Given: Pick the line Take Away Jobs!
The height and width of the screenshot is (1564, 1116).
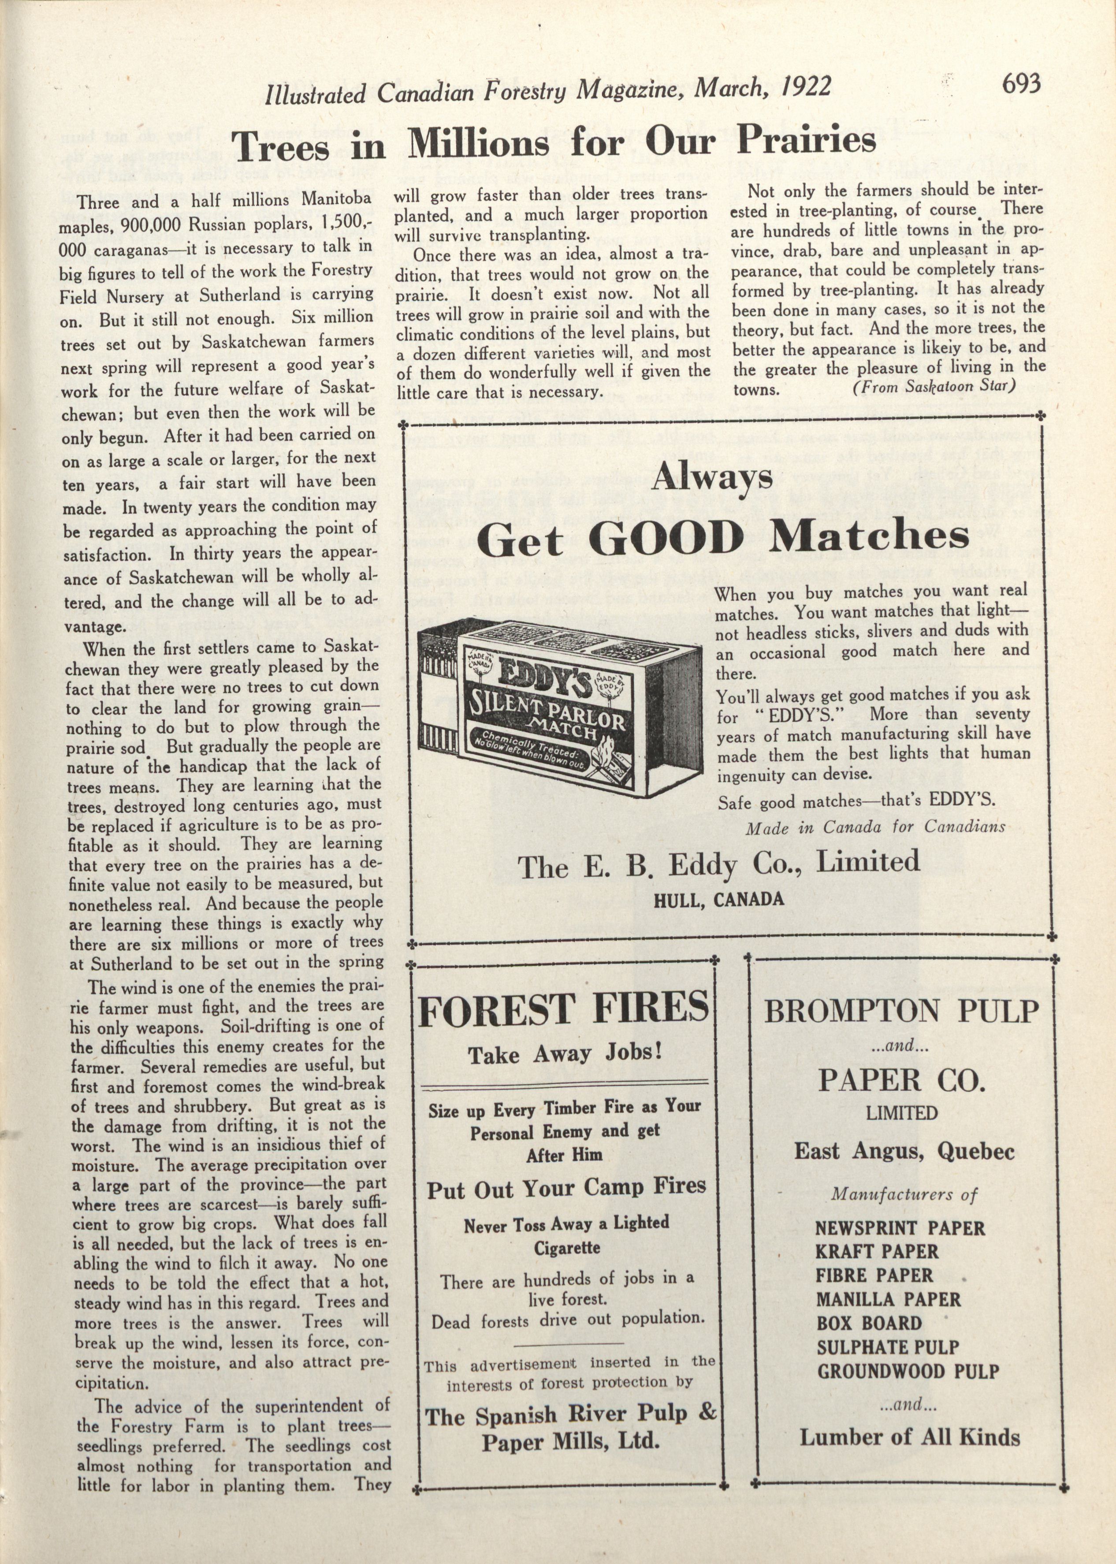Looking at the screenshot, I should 565,1055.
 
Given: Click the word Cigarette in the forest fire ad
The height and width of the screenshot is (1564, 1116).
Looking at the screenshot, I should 567,1247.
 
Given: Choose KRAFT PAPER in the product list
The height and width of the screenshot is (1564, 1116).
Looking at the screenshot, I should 876,1251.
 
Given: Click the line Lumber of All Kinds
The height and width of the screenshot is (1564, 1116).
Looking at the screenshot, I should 909,1437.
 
